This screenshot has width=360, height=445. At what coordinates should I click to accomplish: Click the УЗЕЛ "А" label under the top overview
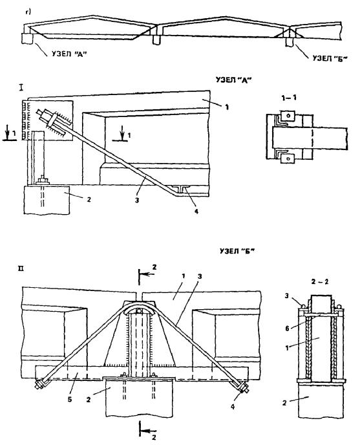pyautogui.click(x=69, y=54)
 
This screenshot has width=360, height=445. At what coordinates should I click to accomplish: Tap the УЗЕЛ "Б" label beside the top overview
pyautogui.click(x=330, y=58)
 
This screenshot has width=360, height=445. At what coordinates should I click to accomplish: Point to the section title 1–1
pyautogui.click(x=288, y=98)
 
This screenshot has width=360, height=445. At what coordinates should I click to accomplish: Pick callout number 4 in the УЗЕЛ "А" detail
pyautogui.click(x=196, y=211)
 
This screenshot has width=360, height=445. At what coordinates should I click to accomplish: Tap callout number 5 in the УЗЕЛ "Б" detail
pyautogui.click(x=70, y=400)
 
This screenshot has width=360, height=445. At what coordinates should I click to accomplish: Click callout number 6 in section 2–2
pyautogui.click(x=287, y=329)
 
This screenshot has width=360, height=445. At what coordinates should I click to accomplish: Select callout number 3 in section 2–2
pyautogui.click(x=287, y=296)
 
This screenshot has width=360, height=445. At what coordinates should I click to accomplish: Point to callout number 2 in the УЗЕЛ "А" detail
pyautogui.click(x=89, y=199)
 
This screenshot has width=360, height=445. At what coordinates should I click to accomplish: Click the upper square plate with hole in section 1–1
pyautogui.click(x=288, y=116)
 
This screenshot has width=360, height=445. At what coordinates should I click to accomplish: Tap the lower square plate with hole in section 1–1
pyautogui.click(x=288, y=158)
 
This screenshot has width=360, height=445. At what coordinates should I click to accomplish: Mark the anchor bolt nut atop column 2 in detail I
pyautogui.click(x=43, y=180)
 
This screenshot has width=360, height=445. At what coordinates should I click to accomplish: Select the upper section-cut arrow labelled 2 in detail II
pyautogui.click(x=146, y=274)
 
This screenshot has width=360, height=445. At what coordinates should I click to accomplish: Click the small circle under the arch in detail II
pyautogui.click(x=139, y=311)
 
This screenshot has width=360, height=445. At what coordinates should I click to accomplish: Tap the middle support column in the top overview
pyautogui.click(x=156, y=39)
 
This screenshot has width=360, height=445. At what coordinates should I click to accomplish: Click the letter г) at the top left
pyautogui.click(x=28, y=12)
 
